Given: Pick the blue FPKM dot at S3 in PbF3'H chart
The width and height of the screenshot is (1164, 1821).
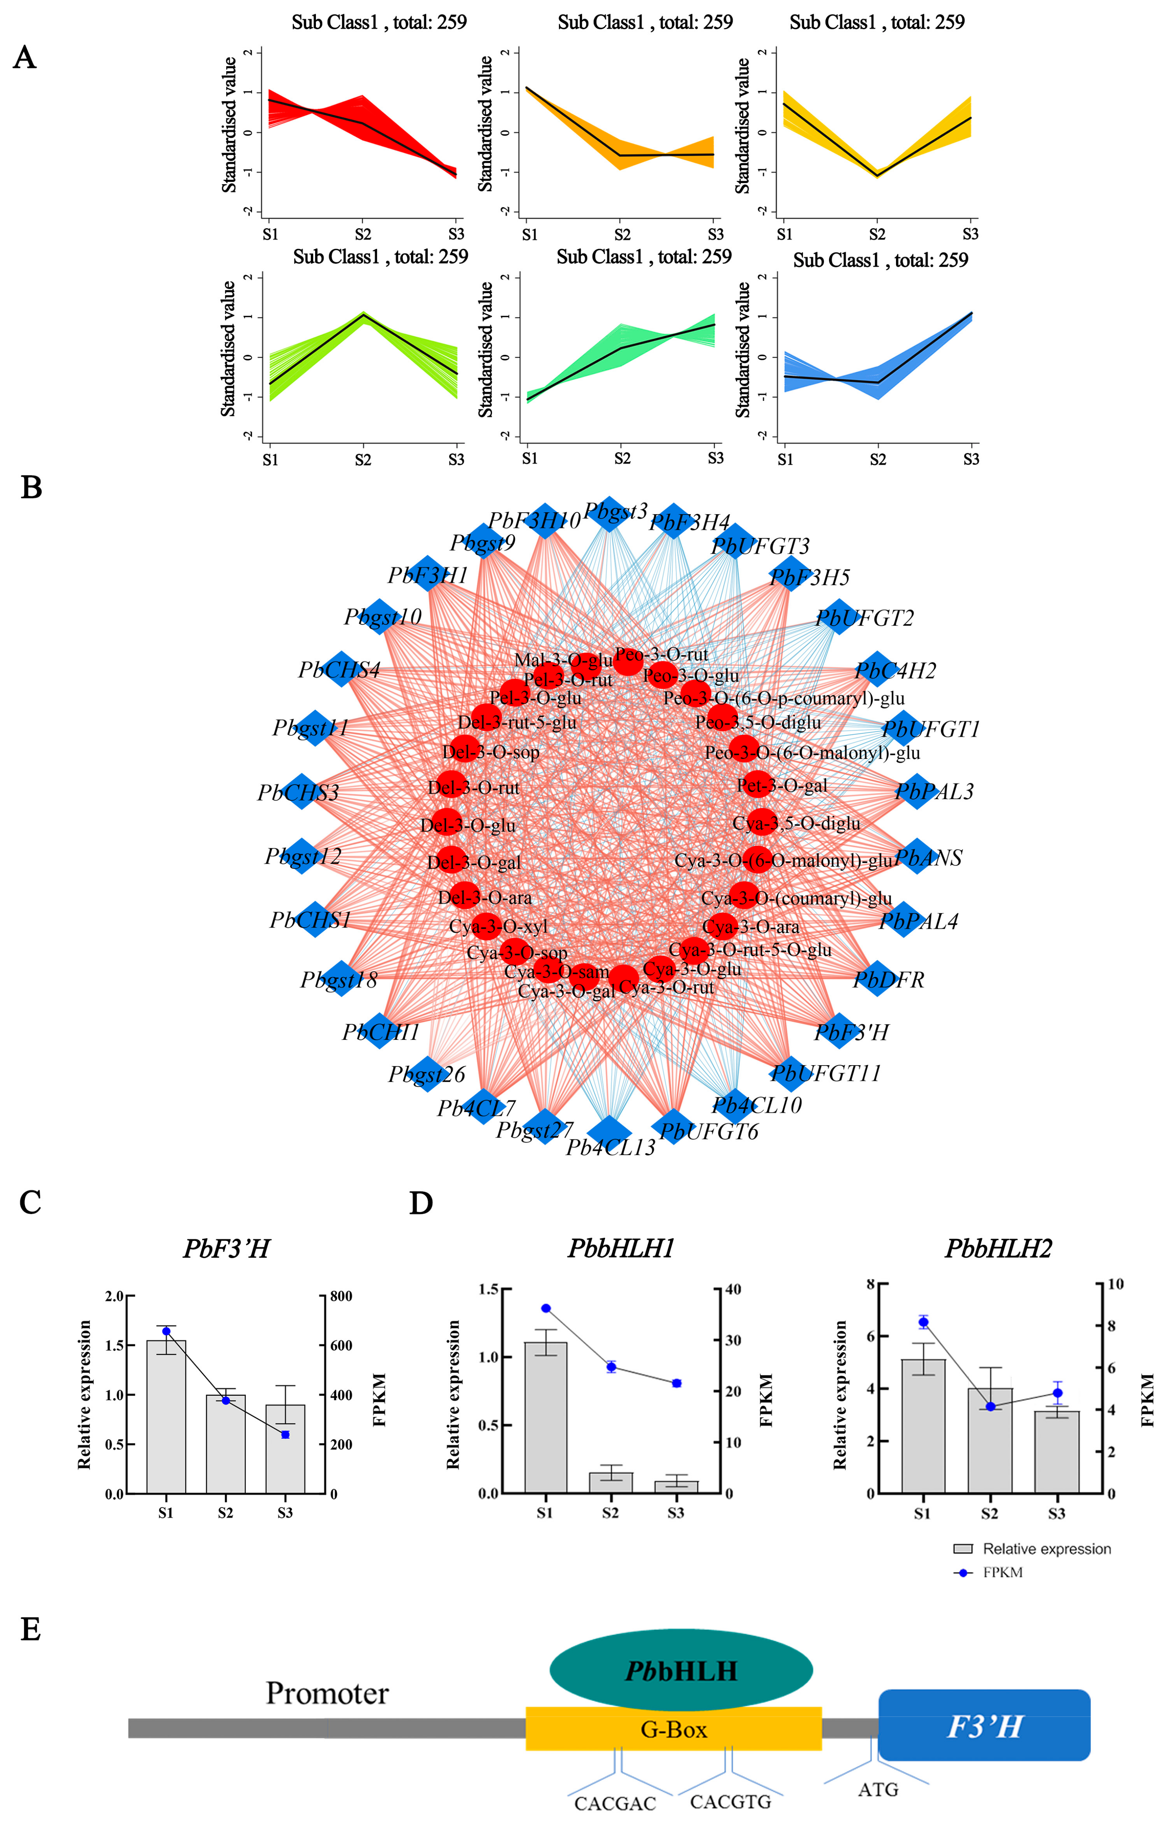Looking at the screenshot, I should pos(285,1435).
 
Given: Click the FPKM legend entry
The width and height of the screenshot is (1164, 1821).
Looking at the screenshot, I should pos(1002,1572).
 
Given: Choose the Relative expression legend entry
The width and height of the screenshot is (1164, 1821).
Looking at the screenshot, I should pos(1046,1549).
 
